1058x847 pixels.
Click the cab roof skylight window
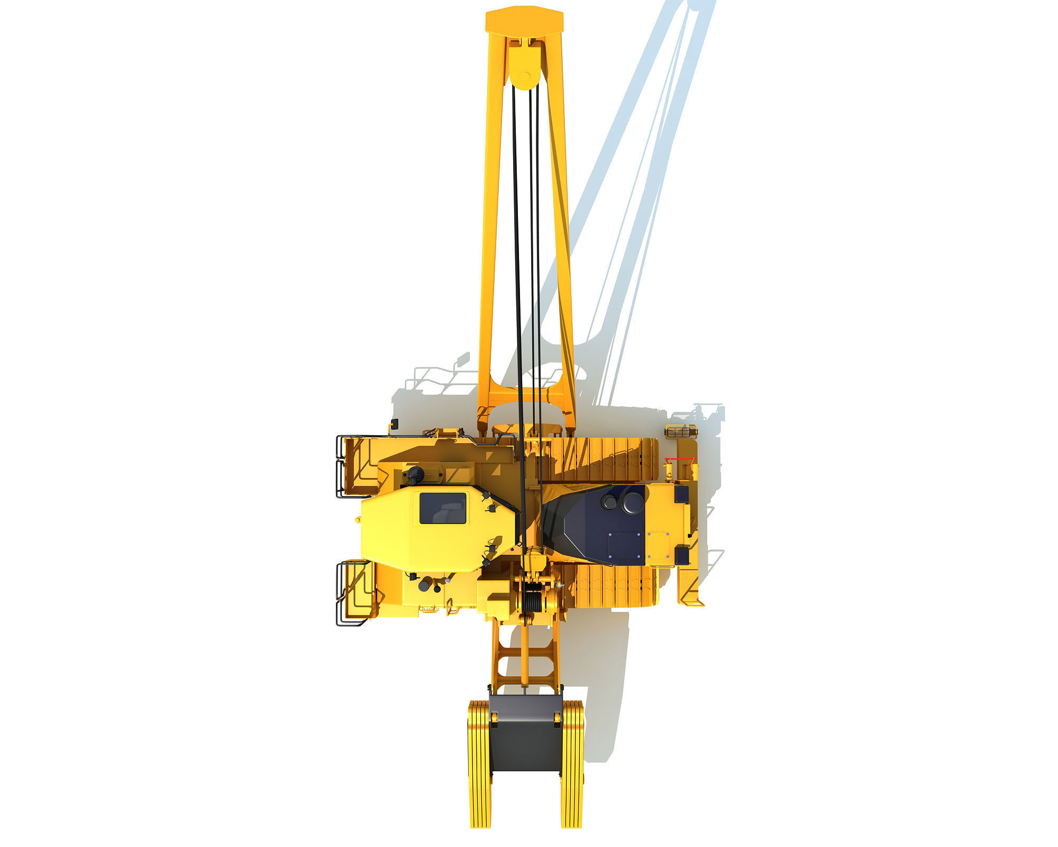(x=443, y=508)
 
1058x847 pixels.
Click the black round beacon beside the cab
(x=413, y=474)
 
